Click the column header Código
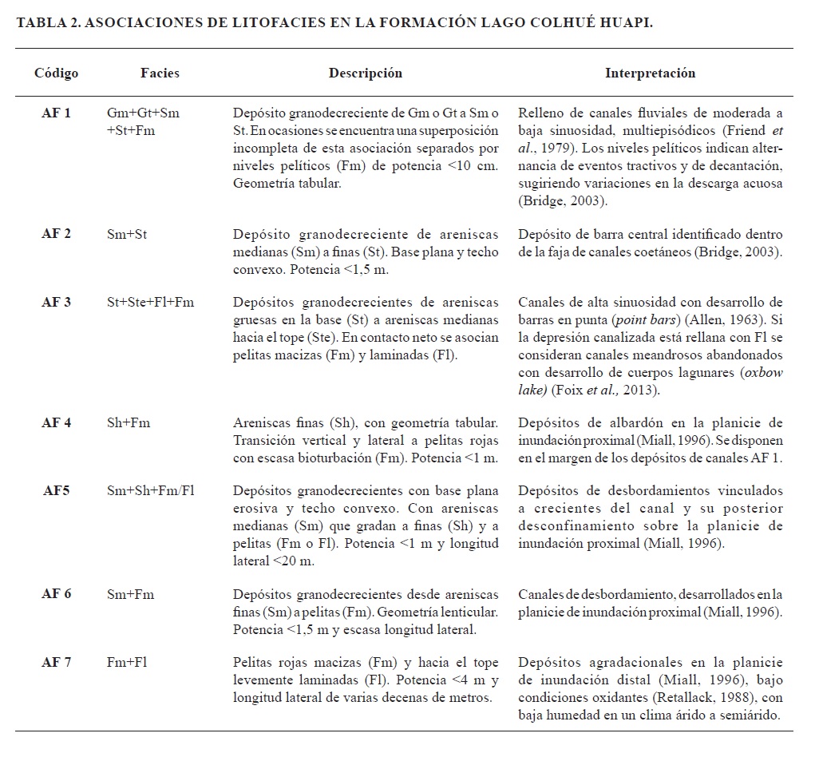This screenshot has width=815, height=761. pyautogui.click(x=56, y=73)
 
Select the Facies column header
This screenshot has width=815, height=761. pyautogui.click(x=160, y=73)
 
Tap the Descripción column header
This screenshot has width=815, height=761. pyautogui.click(x=366, y=73)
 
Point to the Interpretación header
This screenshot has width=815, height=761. pyautogui.click(x=650, y=73)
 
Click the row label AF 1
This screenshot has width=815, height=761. pyautogui.click(x=56, y=113)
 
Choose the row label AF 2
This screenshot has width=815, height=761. pyautogui.click(x=56, y=234)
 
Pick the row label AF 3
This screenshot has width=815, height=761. pyautogui.click(x=56, y=303)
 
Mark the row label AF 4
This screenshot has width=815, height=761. pyautogui.click(x=56, y=422)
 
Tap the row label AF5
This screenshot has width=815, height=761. pyautogui.click(x=56, y=490)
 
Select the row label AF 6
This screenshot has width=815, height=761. pyautogui.click(x=56, y=594)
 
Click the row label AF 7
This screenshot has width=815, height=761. pyautogui.click(x=56, y=662)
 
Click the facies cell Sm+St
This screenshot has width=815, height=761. pyautogui.click(x=127, y=234)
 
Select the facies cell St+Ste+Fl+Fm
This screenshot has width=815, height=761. pyautogui.click(x=150, y=303)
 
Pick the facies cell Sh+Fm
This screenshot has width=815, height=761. pyautogui.click(x=128, y=422)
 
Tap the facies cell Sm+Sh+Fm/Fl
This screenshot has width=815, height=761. pyautogui.click(x=151, y=490)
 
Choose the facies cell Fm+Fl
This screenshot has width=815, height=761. pyautogui.click(x=127, y=662)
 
